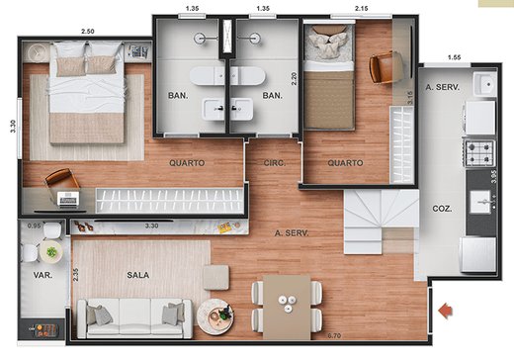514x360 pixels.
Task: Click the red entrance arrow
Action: click(x=446, y=311)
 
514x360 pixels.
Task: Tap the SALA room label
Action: click(x=138, y=275)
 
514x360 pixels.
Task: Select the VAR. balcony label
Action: click(x=43, y=275)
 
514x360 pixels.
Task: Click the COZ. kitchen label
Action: click(x=442, y=209)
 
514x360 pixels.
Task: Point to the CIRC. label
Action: click(x=275, y=163)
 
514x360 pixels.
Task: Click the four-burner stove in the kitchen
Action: click(x=480, y=152)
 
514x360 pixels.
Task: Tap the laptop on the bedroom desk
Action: click(x=68, y=200)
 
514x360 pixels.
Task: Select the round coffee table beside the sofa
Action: click(x=215, y=315)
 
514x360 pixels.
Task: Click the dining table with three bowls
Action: click(x=287, y=308)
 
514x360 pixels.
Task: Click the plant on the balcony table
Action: click(x=51, y=252)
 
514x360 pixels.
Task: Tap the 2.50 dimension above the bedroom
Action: click(x=88, y=32)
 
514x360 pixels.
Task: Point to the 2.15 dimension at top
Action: click(x=362, y=8)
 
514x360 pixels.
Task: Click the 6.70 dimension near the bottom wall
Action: click(x=334, y=336)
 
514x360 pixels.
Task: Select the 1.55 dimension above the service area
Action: click(x=454, y=57)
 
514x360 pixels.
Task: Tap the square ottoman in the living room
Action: click(x=216, y=277)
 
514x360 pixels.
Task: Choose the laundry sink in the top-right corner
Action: click(x=485, y=84)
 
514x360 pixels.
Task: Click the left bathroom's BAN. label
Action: click(x=178, y=96)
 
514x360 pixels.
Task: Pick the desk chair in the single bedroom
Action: click(x=384, y=68)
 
